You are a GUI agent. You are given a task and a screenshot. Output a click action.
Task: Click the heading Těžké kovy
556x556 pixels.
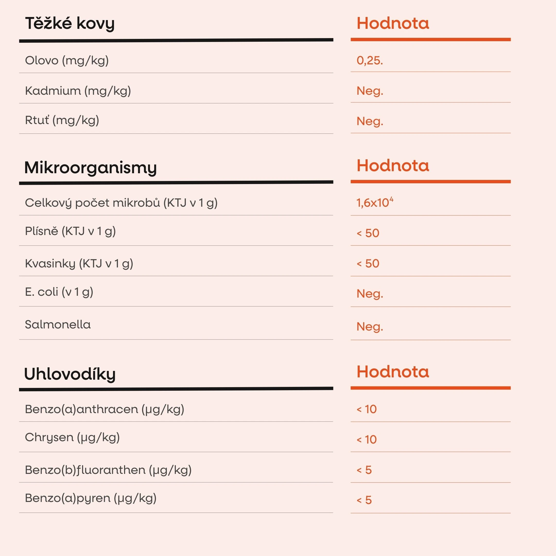pos(70,23)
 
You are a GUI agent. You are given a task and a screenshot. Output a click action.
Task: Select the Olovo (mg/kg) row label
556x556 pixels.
pos(67,60)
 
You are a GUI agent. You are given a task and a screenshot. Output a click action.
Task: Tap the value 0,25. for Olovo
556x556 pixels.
pos(370,60)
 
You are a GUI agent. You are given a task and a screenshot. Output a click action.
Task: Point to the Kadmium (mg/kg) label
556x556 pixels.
pos(78,91)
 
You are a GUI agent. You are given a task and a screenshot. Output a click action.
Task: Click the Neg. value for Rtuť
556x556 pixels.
pos(370,121)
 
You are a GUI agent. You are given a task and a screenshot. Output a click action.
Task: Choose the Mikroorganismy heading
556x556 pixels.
pos(90,168)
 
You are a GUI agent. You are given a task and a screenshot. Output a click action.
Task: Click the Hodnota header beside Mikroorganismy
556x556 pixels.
pos(393,166)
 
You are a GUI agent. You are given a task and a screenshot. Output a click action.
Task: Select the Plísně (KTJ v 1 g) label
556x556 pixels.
pos(70,231)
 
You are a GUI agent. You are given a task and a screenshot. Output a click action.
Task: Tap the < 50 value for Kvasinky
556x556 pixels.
pos(368,264)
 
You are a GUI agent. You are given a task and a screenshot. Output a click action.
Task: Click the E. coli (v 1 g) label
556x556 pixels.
pos(59,292)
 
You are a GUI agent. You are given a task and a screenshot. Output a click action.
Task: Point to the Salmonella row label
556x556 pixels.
pos(58,325)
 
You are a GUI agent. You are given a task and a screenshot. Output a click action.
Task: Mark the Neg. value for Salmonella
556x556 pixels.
pos(370,327)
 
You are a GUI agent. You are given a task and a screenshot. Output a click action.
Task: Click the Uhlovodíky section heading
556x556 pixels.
pos(70,374)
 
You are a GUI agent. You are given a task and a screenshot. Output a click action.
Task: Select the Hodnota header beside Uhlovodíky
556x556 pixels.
pos(393,372)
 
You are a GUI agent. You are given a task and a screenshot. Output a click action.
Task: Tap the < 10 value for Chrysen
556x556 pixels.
pos(367,439)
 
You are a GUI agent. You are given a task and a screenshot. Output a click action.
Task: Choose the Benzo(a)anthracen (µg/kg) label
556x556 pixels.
pos(105,409)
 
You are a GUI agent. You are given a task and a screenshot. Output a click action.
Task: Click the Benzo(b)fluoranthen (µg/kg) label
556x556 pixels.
pos(108,470)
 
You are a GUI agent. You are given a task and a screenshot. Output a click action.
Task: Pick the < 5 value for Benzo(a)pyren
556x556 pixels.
pos(364,500)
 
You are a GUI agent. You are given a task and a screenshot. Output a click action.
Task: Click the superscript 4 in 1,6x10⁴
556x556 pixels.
pos(391,199)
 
